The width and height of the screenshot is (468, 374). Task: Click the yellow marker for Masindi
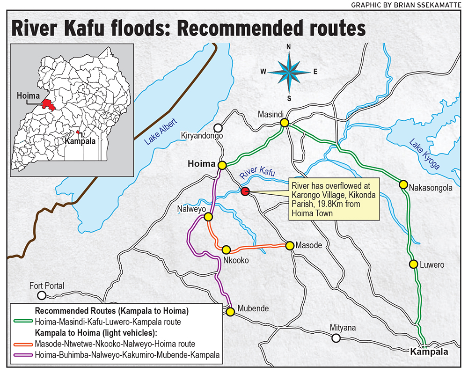284,123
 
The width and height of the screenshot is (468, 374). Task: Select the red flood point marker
244,191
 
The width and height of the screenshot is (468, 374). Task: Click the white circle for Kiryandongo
218,128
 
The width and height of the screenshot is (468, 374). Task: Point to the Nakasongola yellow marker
402,185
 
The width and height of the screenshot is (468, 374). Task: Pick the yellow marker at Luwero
413,264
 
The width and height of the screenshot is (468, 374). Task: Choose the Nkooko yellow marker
226,249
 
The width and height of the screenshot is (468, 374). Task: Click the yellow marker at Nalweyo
209,217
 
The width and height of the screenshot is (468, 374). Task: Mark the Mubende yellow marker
230,311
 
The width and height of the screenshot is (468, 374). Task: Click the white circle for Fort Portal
42,295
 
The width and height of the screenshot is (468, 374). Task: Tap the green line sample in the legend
22,322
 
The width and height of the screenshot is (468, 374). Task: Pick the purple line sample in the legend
22,355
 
